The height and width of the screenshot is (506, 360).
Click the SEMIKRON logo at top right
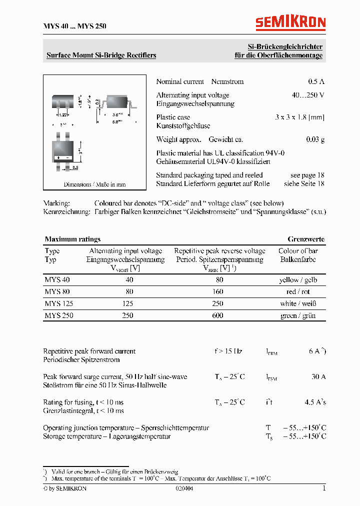coord(290,22)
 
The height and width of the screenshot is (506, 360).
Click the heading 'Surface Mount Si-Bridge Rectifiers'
coord(101,55)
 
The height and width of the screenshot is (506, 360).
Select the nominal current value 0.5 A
coord(316,81)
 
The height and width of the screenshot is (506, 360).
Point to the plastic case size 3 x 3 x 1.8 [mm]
coord(299,117)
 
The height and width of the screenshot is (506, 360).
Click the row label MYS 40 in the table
coord(57,280)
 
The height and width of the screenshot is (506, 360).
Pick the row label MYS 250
coord(58,315)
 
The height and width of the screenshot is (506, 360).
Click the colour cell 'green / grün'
coord(298,315)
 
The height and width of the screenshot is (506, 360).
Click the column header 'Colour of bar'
coord(298,251)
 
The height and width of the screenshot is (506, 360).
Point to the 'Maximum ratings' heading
coord(72,239)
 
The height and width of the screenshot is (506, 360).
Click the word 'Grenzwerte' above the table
coord(306,239)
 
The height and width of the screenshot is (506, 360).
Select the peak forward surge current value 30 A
coord(318,376)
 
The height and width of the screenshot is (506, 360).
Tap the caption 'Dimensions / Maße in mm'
coord(94,184)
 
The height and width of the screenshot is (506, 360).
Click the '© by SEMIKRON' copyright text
coord(65,488)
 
